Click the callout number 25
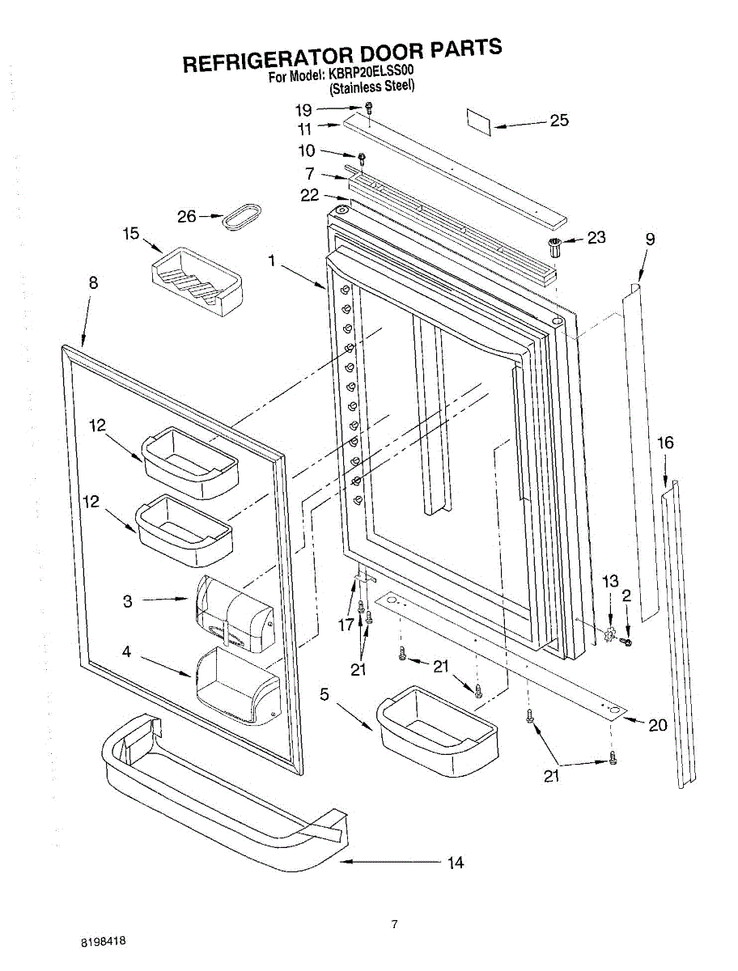559,121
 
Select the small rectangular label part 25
479,119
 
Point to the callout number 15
131,234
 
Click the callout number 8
93,282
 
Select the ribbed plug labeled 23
553,245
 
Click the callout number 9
650,239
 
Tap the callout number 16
665,443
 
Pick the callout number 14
456,863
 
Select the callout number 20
657,725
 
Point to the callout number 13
610,581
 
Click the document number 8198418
103,942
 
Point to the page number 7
394,925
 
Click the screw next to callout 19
368,107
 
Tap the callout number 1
273,261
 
